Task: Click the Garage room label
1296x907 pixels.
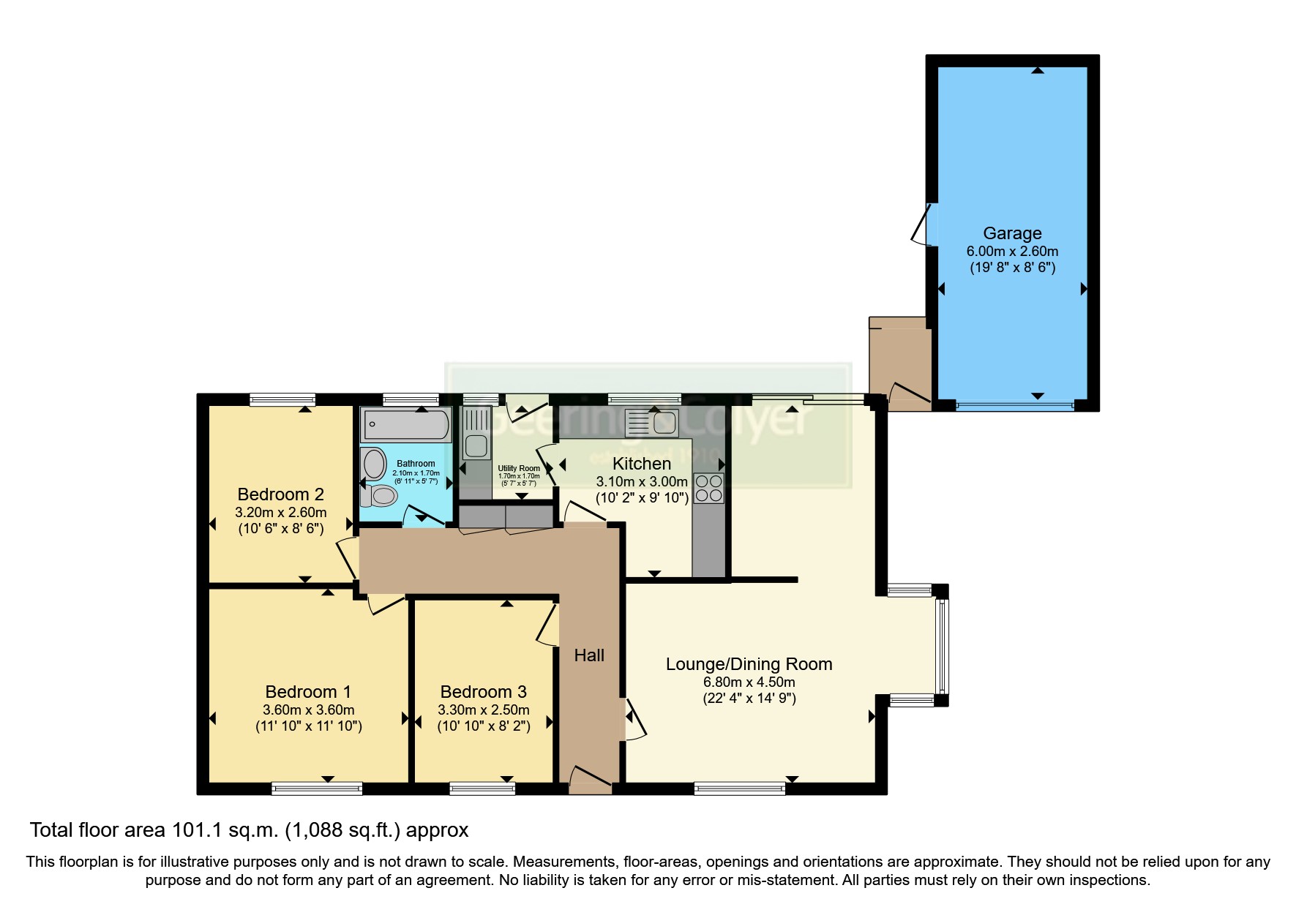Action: pos(1012,233)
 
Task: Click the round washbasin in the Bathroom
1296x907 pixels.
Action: pos(375,464)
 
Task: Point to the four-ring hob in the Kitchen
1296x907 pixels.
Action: pos(708,489)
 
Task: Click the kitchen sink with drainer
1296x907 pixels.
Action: pos(651,423)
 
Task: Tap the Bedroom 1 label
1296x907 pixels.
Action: pos(308,692)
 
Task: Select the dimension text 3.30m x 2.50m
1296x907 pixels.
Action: pos(483,710)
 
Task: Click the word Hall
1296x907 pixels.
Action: pos(589,655)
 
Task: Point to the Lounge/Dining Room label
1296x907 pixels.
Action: pos(749,664)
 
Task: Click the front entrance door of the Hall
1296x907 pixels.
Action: pos(590,780)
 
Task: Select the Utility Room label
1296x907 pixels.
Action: pos(519,468)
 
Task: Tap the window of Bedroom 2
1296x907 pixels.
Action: pos(282,399)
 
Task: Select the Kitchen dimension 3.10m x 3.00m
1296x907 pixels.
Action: pos(642,482)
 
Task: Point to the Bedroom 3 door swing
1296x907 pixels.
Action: pos(547,626)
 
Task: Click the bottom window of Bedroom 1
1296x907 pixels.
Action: pos(316,789)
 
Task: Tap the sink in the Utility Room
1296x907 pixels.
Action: pos(476,445)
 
